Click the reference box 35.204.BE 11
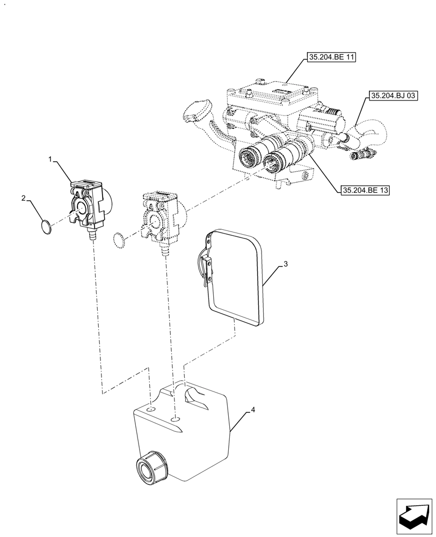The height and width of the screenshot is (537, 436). tap(332, 57)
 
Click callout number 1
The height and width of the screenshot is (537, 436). tap(50, 159)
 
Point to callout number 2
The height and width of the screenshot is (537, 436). tap(24, 198)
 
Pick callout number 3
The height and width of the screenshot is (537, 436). tap(286, 264)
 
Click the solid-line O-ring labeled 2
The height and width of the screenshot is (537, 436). tap(48, 227)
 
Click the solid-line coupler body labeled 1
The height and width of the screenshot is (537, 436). tap(88, 204)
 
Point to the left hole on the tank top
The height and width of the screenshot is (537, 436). tap(152, 410)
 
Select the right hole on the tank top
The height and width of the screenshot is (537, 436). tap(176, 419)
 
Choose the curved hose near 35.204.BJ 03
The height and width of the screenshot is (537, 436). tap(370, 130)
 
